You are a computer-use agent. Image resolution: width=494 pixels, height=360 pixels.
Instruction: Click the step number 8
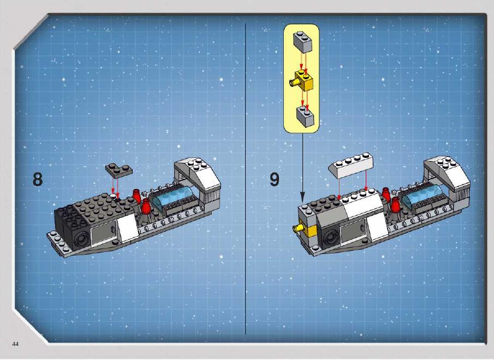(38, 179)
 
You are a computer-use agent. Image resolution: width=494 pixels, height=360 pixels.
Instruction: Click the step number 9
(275, 179)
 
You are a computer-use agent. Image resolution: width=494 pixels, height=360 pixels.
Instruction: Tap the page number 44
(15, 344)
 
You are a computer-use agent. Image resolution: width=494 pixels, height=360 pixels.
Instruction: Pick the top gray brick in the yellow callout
(302, 42)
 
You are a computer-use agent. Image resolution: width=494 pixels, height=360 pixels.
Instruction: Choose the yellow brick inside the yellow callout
(302, 81)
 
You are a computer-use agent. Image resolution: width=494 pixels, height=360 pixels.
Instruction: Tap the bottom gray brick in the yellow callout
(305, 117)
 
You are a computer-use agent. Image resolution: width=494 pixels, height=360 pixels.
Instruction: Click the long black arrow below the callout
(302, 167)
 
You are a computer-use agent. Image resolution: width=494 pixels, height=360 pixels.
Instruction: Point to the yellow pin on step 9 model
(297, 228)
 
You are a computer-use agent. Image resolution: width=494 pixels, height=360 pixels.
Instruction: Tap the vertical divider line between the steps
(246, 178)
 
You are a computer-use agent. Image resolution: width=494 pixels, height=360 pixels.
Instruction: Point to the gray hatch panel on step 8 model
(103, 233)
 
